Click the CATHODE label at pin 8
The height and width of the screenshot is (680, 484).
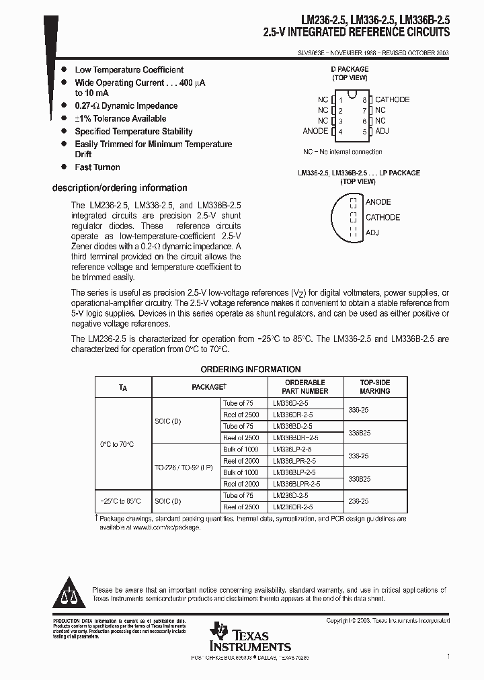[392, 99]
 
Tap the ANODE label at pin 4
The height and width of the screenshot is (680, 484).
[315, 131]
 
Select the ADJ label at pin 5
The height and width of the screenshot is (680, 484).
[382, 131]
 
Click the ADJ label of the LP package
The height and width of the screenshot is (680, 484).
[372, 232]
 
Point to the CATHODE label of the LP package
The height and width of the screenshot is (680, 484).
[382, 217]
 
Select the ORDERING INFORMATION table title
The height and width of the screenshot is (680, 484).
[251, 370]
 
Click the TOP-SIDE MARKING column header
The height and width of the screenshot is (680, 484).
[374, 386]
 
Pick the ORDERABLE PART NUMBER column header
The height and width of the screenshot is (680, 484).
[305, 386]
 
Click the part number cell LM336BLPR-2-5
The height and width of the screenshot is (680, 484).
[296, 484]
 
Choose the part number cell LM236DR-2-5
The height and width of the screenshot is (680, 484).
[293, 507]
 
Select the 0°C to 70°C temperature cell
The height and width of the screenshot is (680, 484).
[117, 444]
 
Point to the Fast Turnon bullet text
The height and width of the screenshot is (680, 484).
[97, 167]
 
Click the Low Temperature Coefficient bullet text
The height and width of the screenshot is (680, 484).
[129, 70]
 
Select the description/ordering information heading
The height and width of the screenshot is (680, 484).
[120, 188]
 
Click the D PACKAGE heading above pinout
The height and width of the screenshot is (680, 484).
[350, 69]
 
